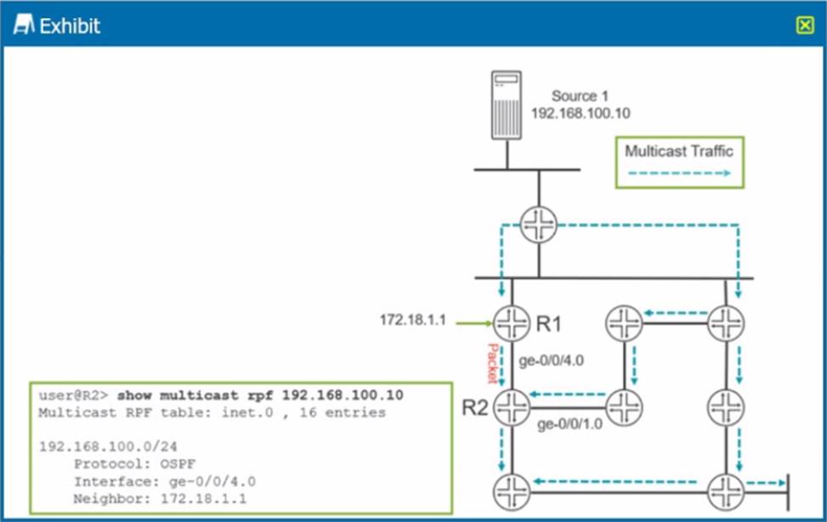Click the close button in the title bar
(805, 26)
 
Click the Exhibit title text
(70, 26)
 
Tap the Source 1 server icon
(507, 105)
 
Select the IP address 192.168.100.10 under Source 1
(581, 113)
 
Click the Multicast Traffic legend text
(678, 151)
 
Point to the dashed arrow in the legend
(678, 173)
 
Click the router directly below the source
(538, 224)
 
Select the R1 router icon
(511, 323)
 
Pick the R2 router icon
(511, 406)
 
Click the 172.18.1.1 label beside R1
(412, 321)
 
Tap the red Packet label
(492, 363)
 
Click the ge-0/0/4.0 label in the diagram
(551, 360)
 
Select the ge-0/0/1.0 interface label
(569, 423)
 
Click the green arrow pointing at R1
(473, 322)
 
